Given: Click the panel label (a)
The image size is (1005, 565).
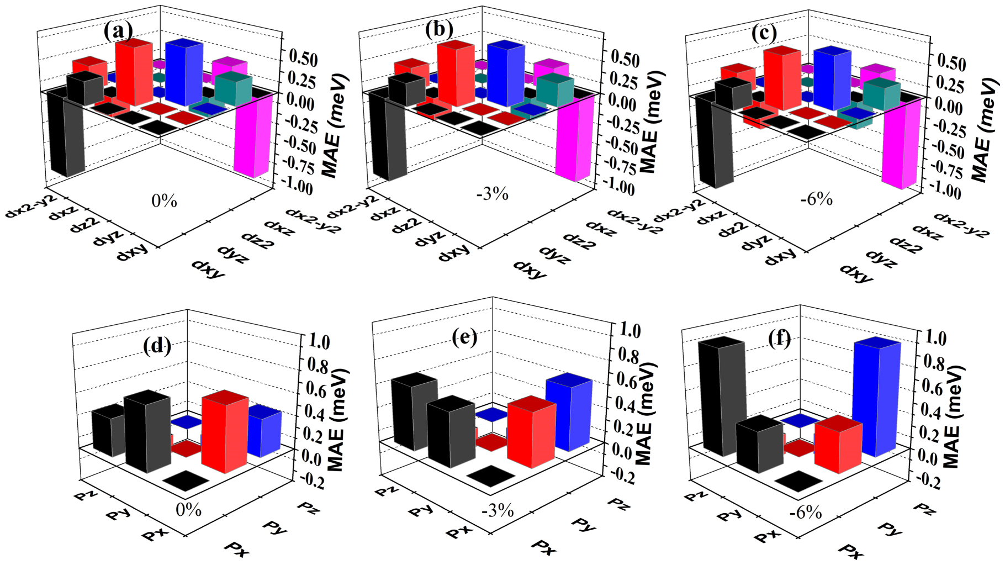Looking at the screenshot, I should pos(118,31).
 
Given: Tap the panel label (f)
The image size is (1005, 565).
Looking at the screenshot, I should pos(779,338).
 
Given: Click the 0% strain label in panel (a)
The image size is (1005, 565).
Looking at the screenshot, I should pos(164,201).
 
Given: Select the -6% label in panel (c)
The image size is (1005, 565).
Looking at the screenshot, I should pos(816,199).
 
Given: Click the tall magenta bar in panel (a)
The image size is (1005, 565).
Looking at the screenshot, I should pos(253,135).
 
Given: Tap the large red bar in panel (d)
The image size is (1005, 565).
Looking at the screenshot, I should pos(224,434).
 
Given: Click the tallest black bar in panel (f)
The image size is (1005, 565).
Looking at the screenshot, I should pos(722,398).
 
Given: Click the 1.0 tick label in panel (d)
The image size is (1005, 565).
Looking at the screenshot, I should pos(316,342).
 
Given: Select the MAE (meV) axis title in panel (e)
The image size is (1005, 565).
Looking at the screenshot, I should pos(644,413).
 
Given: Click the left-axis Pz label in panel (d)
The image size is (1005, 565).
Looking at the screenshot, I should pos(86,495).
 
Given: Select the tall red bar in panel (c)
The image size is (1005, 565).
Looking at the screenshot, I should pos(781,78).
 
